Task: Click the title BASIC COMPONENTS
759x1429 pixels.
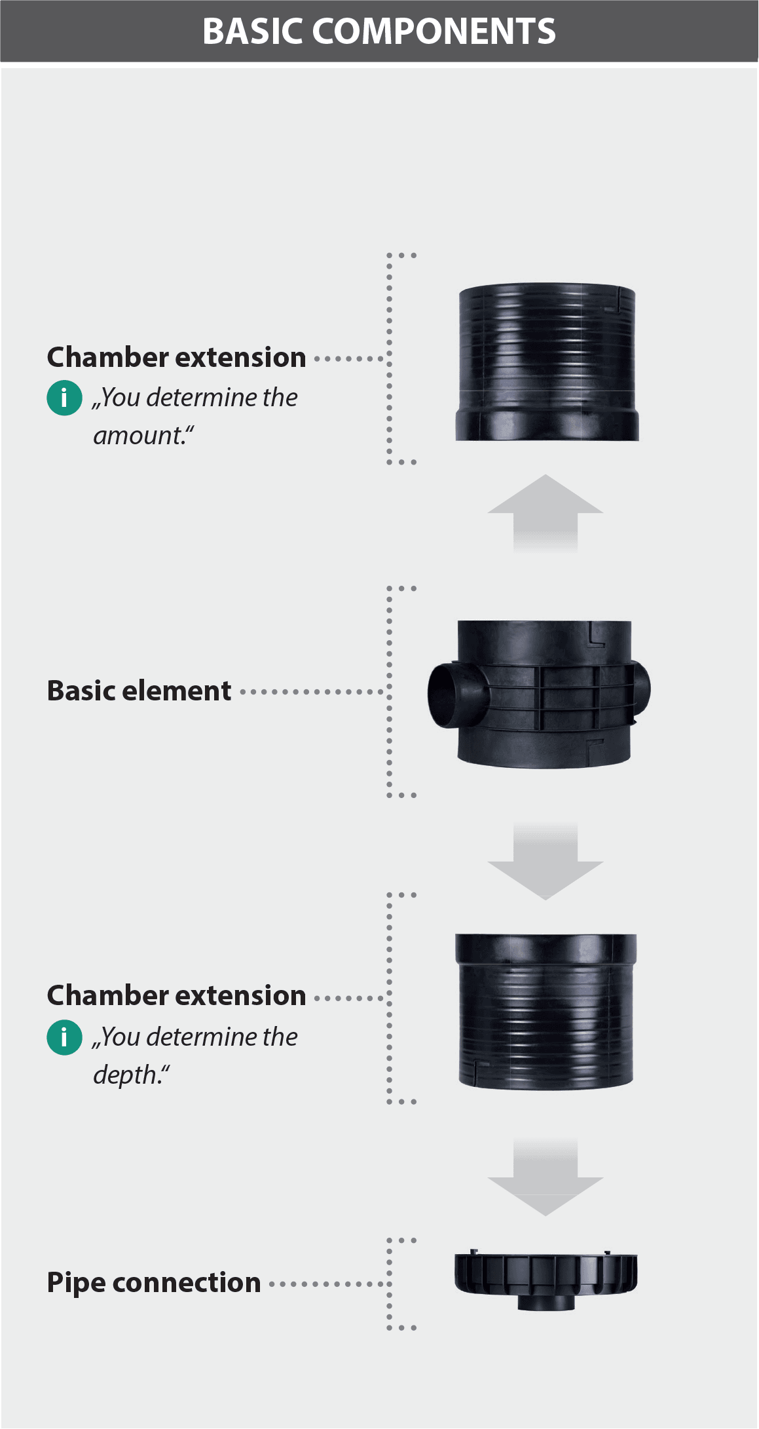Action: (379, 31)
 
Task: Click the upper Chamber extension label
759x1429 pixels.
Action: (176, 358)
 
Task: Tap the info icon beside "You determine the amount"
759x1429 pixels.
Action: (64, 398)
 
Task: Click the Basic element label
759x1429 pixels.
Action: (139, 691)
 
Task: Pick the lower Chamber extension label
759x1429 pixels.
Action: (176, 996)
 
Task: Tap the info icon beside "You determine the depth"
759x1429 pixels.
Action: (64, 1038)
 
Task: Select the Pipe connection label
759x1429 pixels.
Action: (154, 1283)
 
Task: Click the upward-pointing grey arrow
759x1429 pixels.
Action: (546, 511)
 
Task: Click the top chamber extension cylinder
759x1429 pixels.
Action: (547, 347)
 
